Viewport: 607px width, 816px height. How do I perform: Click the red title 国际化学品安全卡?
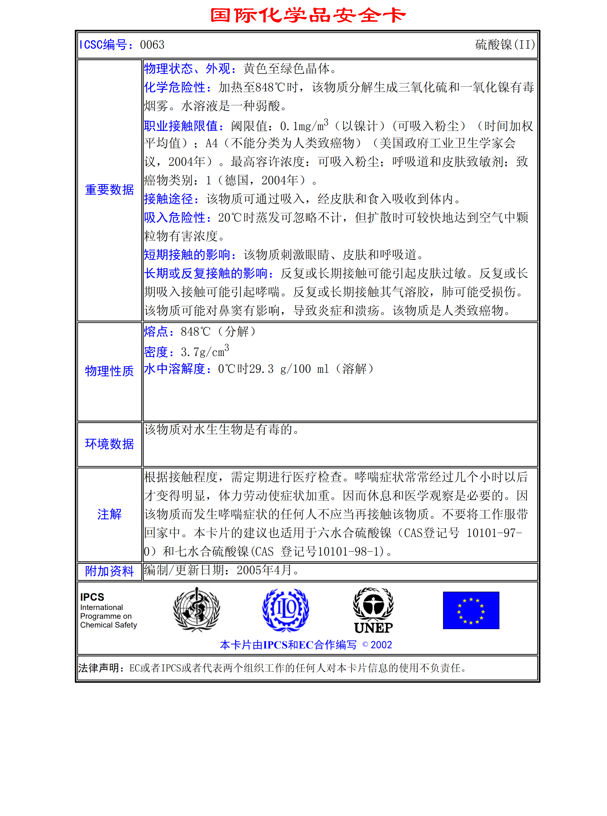308,16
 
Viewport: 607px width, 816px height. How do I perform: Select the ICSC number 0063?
152,45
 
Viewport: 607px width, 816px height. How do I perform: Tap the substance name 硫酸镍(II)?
505,45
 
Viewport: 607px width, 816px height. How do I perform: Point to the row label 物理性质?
109,371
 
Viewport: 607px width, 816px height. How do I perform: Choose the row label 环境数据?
109,444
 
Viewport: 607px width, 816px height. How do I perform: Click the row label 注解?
109,514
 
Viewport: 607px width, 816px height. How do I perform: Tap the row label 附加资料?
109,571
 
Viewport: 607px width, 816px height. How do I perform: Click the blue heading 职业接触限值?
183,126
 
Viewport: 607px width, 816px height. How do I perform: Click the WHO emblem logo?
197,610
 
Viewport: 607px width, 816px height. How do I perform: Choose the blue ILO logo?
286,610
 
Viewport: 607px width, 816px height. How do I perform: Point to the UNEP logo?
373,610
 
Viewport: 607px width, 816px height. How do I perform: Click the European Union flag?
471,610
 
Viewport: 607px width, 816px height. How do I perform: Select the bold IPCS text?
92,597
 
